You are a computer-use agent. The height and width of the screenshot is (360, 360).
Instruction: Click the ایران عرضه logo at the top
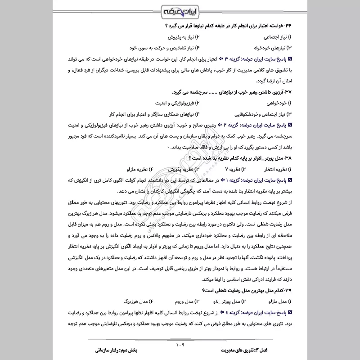pyautogui.click(x=180, y=10)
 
